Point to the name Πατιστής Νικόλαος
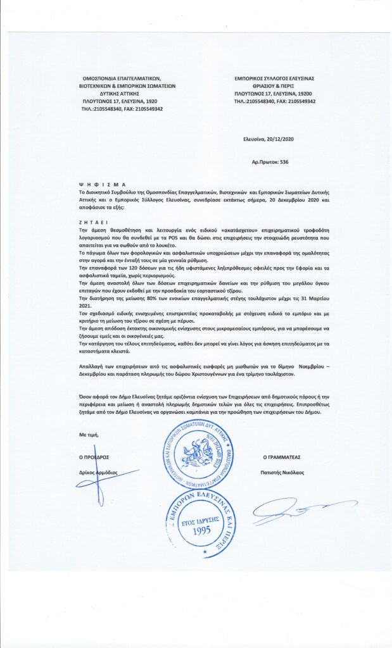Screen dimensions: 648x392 tap(284, 472)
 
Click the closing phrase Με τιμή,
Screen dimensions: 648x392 tap(89, 436)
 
